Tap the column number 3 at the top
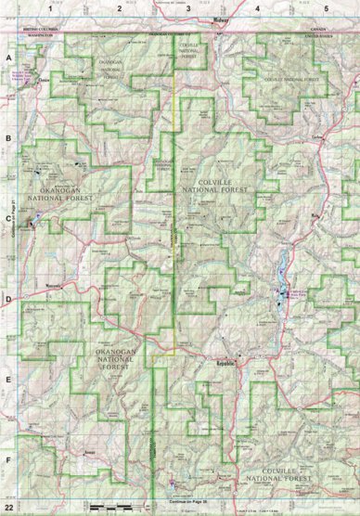188,7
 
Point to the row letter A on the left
8,57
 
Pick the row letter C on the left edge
8,220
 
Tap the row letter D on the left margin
8,300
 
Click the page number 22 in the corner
8,509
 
